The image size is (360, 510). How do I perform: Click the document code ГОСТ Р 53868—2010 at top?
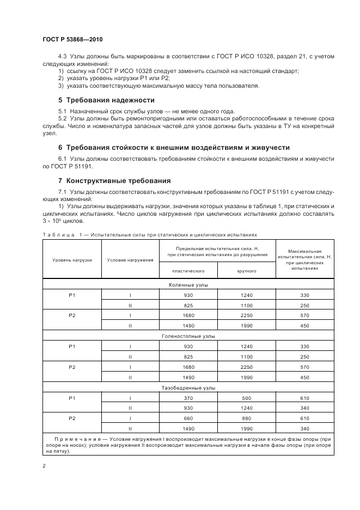[x=71, y=40]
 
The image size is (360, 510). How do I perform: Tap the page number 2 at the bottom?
[x=44, y=466]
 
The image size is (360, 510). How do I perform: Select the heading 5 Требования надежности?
[x=106, y=100]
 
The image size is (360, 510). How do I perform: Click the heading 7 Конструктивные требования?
[x=114, y=180]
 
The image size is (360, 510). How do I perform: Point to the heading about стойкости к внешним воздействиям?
[x=174, y=148]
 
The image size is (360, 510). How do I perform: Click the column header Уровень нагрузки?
[x=72, y=260]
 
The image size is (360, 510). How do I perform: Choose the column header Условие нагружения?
[x=130, y=260]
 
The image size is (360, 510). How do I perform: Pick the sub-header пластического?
[x=188, y=270]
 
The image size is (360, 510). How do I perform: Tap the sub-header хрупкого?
[x=247, y=270]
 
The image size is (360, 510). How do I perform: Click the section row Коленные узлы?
[x=188, y=285]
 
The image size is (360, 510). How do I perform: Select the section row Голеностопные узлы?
[x=188, y=336]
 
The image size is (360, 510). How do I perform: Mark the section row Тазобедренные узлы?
[x=188, y=387]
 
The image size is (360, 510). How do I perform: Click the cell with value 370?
[x=188, y=398]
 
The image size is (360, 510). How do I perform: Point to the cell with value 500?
[x=247, y=398]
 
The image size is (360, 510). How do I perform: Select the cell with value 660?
[x=188, y=418]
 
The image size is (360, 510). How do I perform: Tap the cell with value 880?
[x=247, y=418]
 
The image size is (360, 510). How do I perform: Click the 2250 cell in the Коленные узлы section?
[x=247, y=315]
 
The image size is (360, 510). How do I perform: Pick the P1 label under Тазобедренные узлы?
[x=72, y=398]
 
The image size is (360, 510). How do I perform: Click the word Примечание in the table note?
[x=73, y=439]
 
